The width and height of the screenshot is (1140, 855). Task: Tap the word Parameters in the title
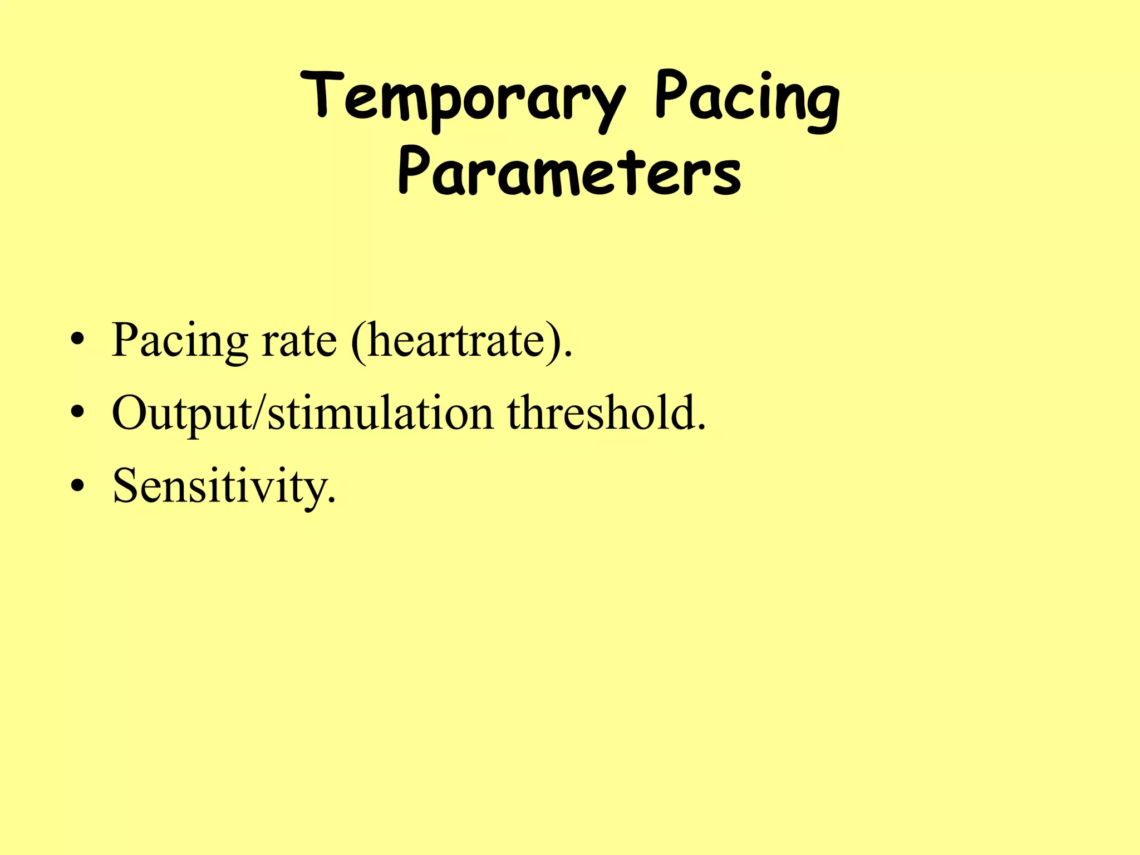tap(569, 172)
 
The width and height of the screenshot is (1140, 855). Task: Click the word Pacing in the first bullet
tap(180, 341)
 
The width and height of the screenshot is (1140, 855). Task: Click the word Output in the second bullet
tap(181, 415)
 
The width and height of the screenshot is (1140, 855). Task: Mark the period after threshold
tap(702, 429)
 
